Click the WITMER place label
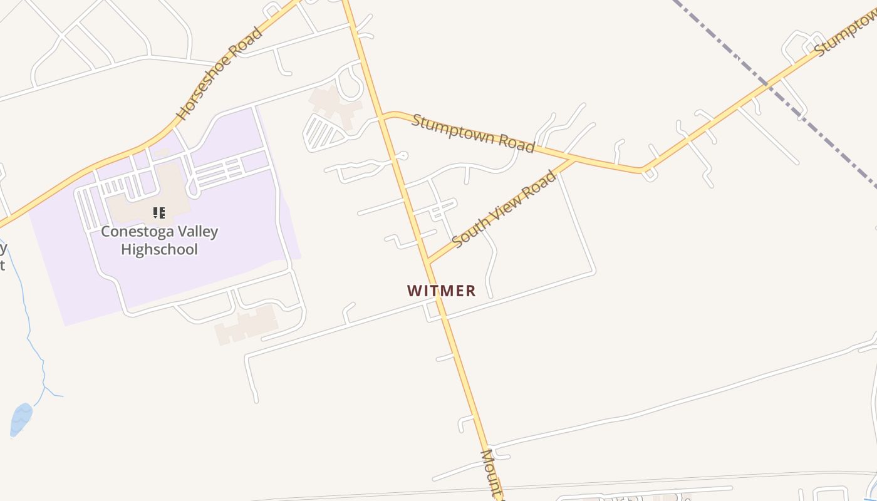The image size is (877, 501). coord(442,291)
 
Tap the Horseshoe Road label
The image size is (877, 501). coord(219,73)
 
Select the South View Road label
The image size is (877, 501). coord(504,209)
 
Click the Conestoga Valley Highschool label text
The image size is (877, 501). coord(159,240)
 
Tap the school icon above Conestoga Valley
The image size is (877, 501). coord(159,213)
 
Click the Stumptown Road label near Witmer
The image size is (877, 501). coord(473,133)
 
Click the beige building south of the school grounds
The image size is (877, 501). coord(247,324)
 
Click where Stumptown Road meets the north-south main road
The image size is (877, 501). coord(381,116)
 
